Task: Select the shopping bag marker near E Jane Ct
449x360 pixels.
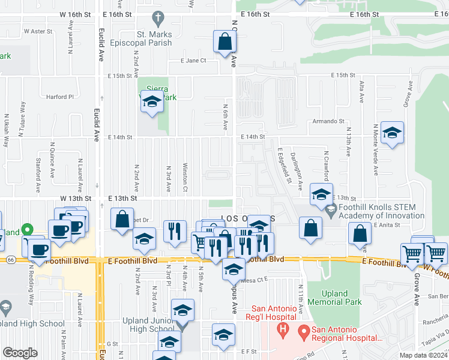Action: [x=224, y=42]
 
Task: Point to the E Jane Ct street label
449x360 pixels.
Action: [x=193, y=60]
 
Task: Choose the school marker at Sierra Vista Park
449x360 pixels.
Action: [x=152, y=103]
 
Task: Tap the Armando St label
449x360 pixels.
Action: [x=328, y=121]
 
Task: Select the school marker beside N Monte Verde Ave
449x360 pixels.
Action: [x=391, y=133]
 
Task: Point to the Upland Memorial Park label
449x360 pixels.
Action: [x=335, y=298]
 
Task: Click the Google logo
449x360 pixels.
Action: [x=20, y=353]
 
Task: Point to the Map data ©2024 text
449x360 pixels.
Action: [x=423, y=355]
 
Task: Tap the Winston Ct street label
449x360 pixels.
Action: [x=185, y=174]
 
